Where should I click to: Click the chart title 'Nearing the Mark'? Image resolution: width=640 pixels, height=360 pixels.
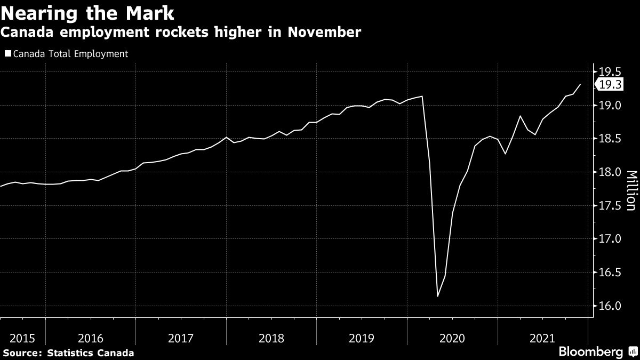tap(88, 12)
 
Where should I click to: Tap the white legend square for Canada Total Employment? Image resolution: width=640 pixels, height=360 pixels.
tap(7, 54)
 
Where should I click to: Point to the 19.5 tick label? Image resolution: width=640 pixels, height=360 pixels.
tap(610, 71)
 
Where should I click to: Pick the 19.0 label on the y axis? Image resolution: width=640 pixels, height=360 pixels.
tap(610, 105)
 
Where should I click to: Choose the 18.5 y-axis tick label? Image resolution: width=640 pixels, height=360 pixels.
tap(610, 139)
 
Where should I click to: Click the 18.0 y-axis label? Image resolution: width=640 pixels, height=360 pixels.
tap(610, 172)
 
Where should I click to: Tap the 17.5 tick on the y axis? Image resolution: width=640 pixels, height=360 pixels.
tap(610, 205)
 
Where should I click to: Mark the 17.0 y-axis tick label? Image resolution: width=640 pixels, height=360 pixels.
tap(610, 239)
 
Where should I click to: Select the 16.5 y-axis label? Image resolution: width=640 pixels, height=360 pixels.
tap(610, 273)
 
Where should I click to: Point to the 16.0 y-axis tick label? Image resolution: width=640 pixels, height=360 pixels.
tap(610, 306)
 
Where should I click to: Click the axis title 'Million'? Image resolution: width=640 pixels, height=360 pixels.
tap(631, 191)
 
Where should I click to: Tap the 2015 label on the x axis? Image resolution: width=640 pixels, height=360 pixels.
tap(22, 338)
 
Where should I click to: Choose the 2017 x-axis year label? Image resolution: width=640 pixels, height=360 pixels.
tap(181, 338)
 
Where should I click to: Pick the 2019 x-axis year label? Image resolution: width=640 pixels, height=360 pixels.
tap(362, 338)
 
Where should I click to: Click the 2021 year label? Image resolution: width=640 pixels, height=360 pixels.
tap(542, 338)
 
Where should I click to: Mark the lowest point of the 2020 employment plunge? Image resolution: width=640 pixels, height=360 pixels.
tap(437, 296)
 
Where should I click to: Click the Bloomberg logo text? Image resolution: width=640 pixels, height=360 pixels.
tap(590, 352)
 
